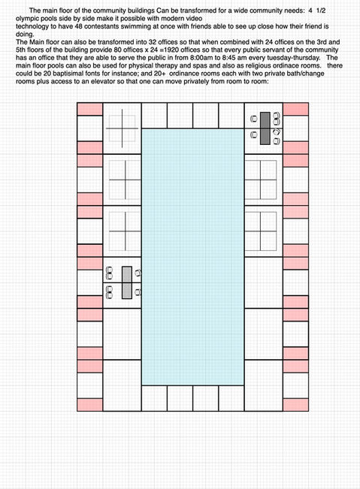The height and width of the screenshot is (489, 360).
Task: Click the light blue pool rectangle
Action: tap(193, 257)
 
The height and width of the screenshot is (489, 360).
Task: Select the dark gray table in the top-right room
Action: tap(265, 128)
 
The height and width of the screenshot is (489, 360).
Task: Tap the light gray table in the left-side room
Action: tap(127, 282)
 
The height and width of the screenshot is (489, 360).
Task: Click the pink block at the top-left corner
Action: tap(90, 109)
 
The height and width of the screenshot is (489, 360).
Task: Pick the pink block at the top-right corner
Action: tap(295, 109)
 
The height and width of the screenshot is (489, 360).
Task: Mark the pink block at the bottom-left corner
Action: tap(90, 405)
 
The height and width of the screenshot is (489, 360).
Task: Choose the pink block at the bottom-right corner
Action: tap(295, 405)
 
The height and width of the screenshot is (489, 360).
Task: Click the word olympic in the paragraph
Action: tap(26, 19)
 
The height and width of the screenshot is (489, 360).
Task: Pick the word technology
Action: tap(32, 27)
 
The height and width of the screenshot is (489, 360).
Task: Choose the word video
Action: tap(194, 19)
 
